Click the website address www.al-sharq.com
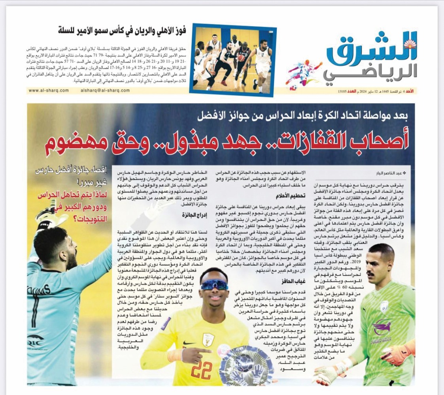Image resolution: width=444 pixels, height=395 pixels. point(49,90)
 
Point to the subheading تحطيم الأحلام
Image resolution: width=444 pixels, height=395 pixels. point(289,196)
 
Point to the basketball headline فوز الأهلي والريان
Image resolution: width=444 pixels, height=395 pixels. point(127,30)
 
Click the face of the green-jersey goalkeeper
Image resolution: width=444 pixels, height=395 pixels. point(379,261)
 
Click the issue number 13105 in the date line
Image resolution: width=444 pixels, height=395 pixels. point(342,91)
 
